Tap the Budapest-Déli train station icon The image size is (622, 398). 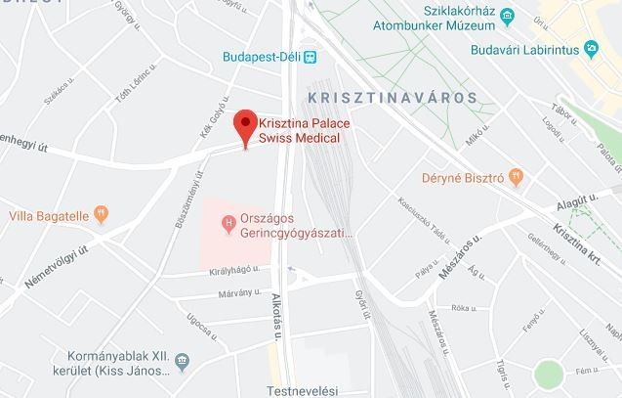(310, 57)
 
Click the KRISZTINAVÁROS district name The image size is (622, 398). (392, 98)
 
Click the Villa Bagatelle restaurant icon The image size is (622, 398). (103, 213)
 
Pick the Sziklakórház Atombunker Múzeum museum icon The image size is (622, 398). (506, 15)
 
